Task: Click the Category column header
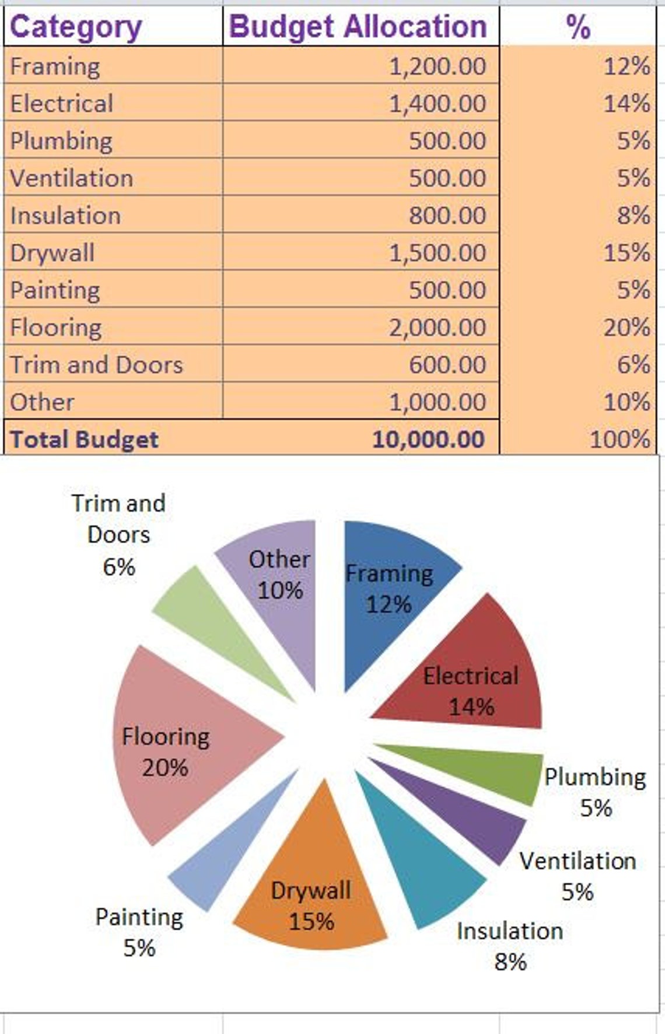pos(76,27)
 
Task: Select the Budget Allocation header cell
pos(358,27)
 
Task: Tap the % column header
pos(577,27)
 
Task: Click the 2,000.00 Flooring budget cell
pos(437,327)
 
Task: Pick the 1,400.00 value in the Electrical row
pos(437,103)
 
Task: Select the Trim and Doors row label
pos(97,364)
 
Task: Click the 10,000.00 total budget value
pos(429,439)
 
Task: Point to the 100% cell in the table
pos(619,439)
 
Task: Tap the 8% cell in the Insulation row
pos(633,215)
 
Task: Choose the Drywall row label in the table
pos(52,253)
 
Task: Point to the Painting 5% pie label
pos(139,932)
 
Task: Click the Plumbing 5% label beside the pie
pos(595,792)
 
